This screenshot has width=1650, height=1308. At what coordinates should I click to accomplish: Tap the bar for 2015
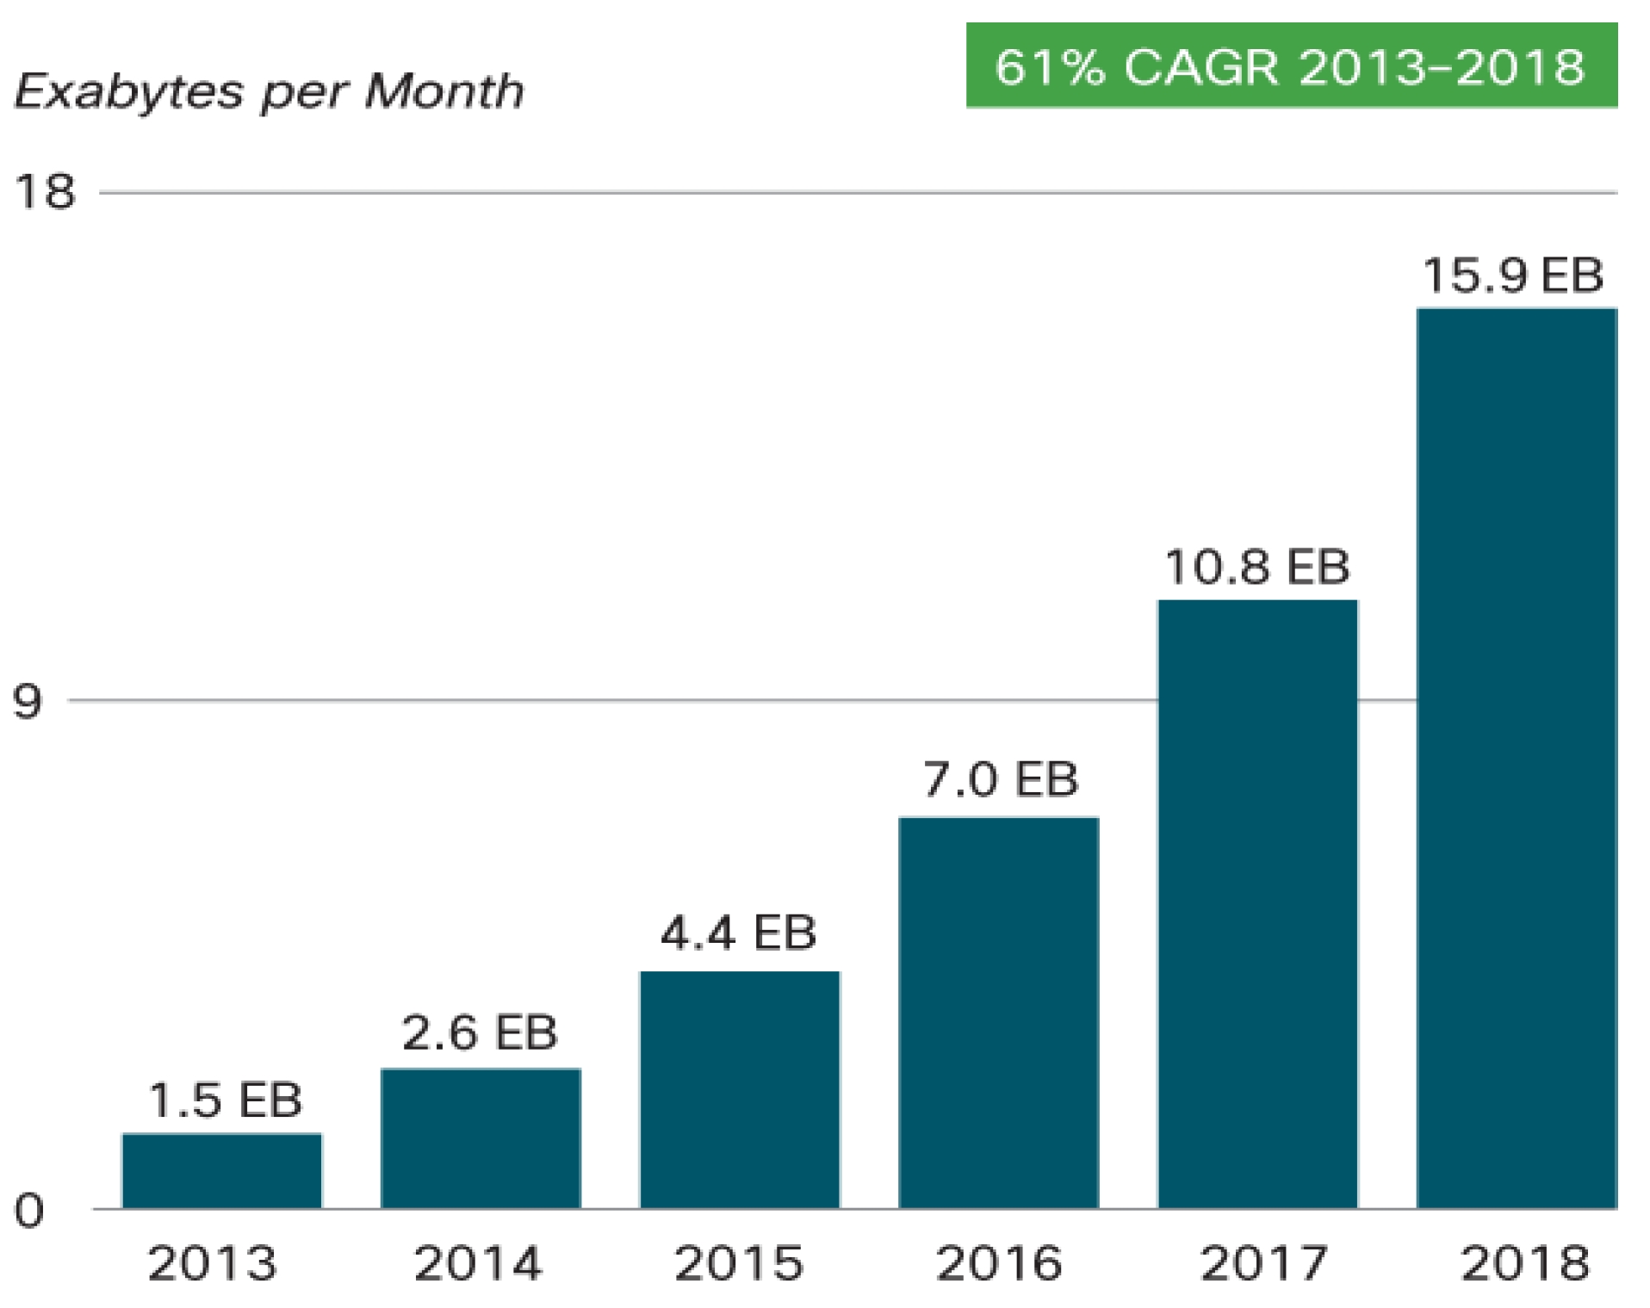739,1088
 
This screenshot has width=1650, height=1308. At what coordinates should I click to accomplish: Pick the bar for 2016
998,1012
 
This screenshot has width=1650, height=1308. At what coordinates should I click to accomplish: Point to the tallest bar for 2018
1516,758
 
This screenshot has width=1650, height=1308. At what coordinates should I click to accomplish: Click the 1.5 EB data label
225,1100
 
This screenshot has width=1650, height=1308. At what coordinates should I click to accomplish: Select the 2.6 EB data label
480,1032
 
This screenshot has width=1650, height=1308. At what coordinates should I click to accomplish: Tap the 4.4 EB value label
738,932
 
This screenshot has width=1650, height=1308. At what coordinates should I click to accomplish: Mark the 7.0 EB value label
1000,779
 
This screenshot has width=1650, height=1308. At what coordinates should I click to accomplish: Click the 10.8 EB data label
1256,567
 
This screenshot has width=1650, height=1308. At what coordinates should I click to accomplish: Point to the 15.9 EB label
1512,276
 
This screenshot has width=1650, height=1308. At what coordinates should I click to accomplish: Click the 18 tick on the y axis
45,191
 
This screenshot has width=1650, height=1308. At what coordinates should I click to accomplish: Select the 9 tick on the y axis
28,701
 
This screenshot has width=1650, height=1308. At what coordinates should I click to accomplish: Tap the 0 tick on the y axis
28,1211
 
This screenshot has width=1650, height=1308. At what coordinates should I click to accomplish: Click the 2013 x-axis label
213,1263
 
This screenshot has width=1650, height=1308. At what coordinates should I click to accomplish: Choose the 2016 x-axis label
999,1263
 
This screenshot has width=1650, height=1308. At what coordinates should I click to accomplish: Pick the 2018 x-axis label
1524,1263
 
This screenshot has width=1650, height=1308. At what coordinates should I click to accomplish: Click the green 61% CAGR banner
1290,65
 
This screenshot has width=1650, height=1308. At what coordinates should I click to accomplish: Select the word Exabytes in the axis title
129,91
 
